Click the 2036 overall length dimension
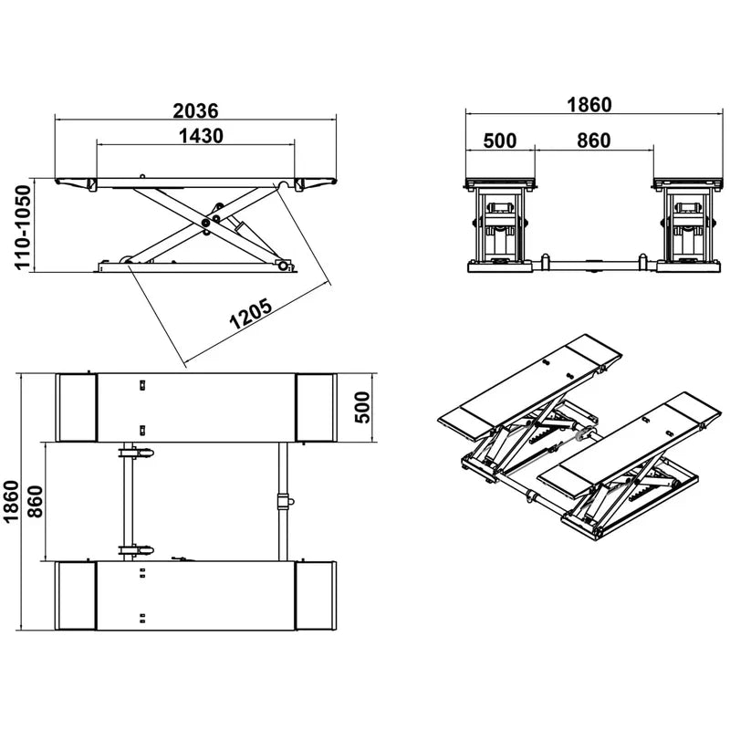coord(195,110)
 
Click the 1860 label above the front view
coord(589,105)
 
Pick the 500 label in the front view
coord(499,141)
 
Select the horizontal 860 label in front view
coord(593,141)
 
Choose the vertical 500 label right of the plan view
coord(361,407)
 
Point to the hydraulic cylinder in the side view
coord(239,219)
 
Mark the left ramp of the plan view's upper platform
coord(77,407)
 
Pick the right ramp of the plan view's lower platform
coord(316,596)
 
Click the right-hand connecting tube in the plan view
coord(283,500)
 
